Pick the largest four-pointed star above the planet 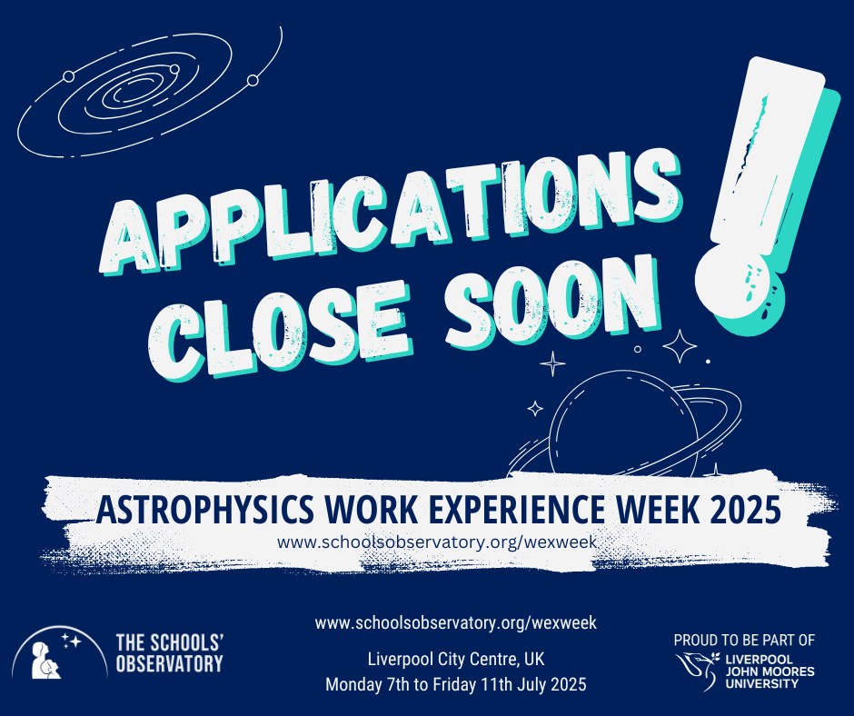tap(680, 346)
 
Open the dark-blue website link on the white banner tap(437, 542)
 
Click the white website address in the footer tap(456, 622)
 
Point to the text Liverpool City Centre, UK tap(456, 660)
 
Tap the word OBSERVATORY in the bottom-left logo tap(169, 664)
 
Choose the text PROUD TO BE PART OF tap(744, 641)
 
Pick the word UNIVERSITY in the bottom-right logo tap(761, 683)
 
